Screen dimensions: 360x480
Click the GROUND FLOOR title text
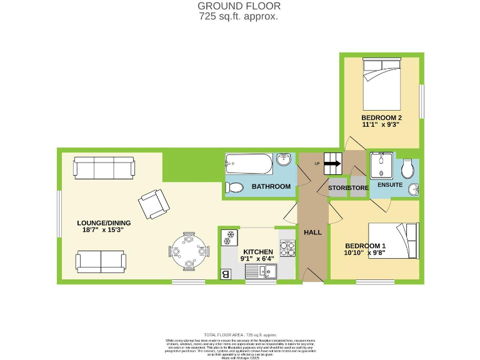pyautogui.click(x=239, y=6)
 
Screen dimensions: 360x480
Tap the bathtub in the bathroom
pyautogui.click(x=249, y=165)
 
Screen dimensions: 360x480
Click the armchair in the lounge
pyautogui.click(x=153, y=204)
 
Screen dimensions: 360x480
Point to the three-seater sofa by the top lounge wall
pyautogui.click(x=104, y=167)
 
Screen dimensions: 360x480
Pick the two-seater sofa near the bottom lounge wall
pyautogui.click(x=100, y=261)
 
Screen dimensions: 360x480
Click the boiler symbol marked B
pyautogui.click(x=226, y=273)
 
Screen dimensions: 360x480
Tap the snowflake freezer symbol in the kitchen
pyautogui.click(x=229, y=237)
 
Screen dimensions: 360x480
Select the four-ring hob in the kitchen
pyautogui.click(x=287, y=248)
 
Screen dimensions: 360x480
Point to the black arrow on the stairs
pyautogui.click(x=332, y=164)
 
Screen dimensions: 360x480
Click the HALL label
pyautogui.click(x=312, y=232)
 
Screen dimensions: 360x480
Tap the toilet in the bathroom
pyautogui.click(x=235, y=187)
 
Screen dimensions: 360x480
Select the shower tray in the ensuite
pyautogui.click(x=380, y=167)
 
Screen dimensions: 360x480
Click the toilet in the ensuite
pyautogui.click(x=409, y=168)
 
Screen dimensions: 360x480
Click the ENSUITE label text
pyautogui.click(x=390, y=186)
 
